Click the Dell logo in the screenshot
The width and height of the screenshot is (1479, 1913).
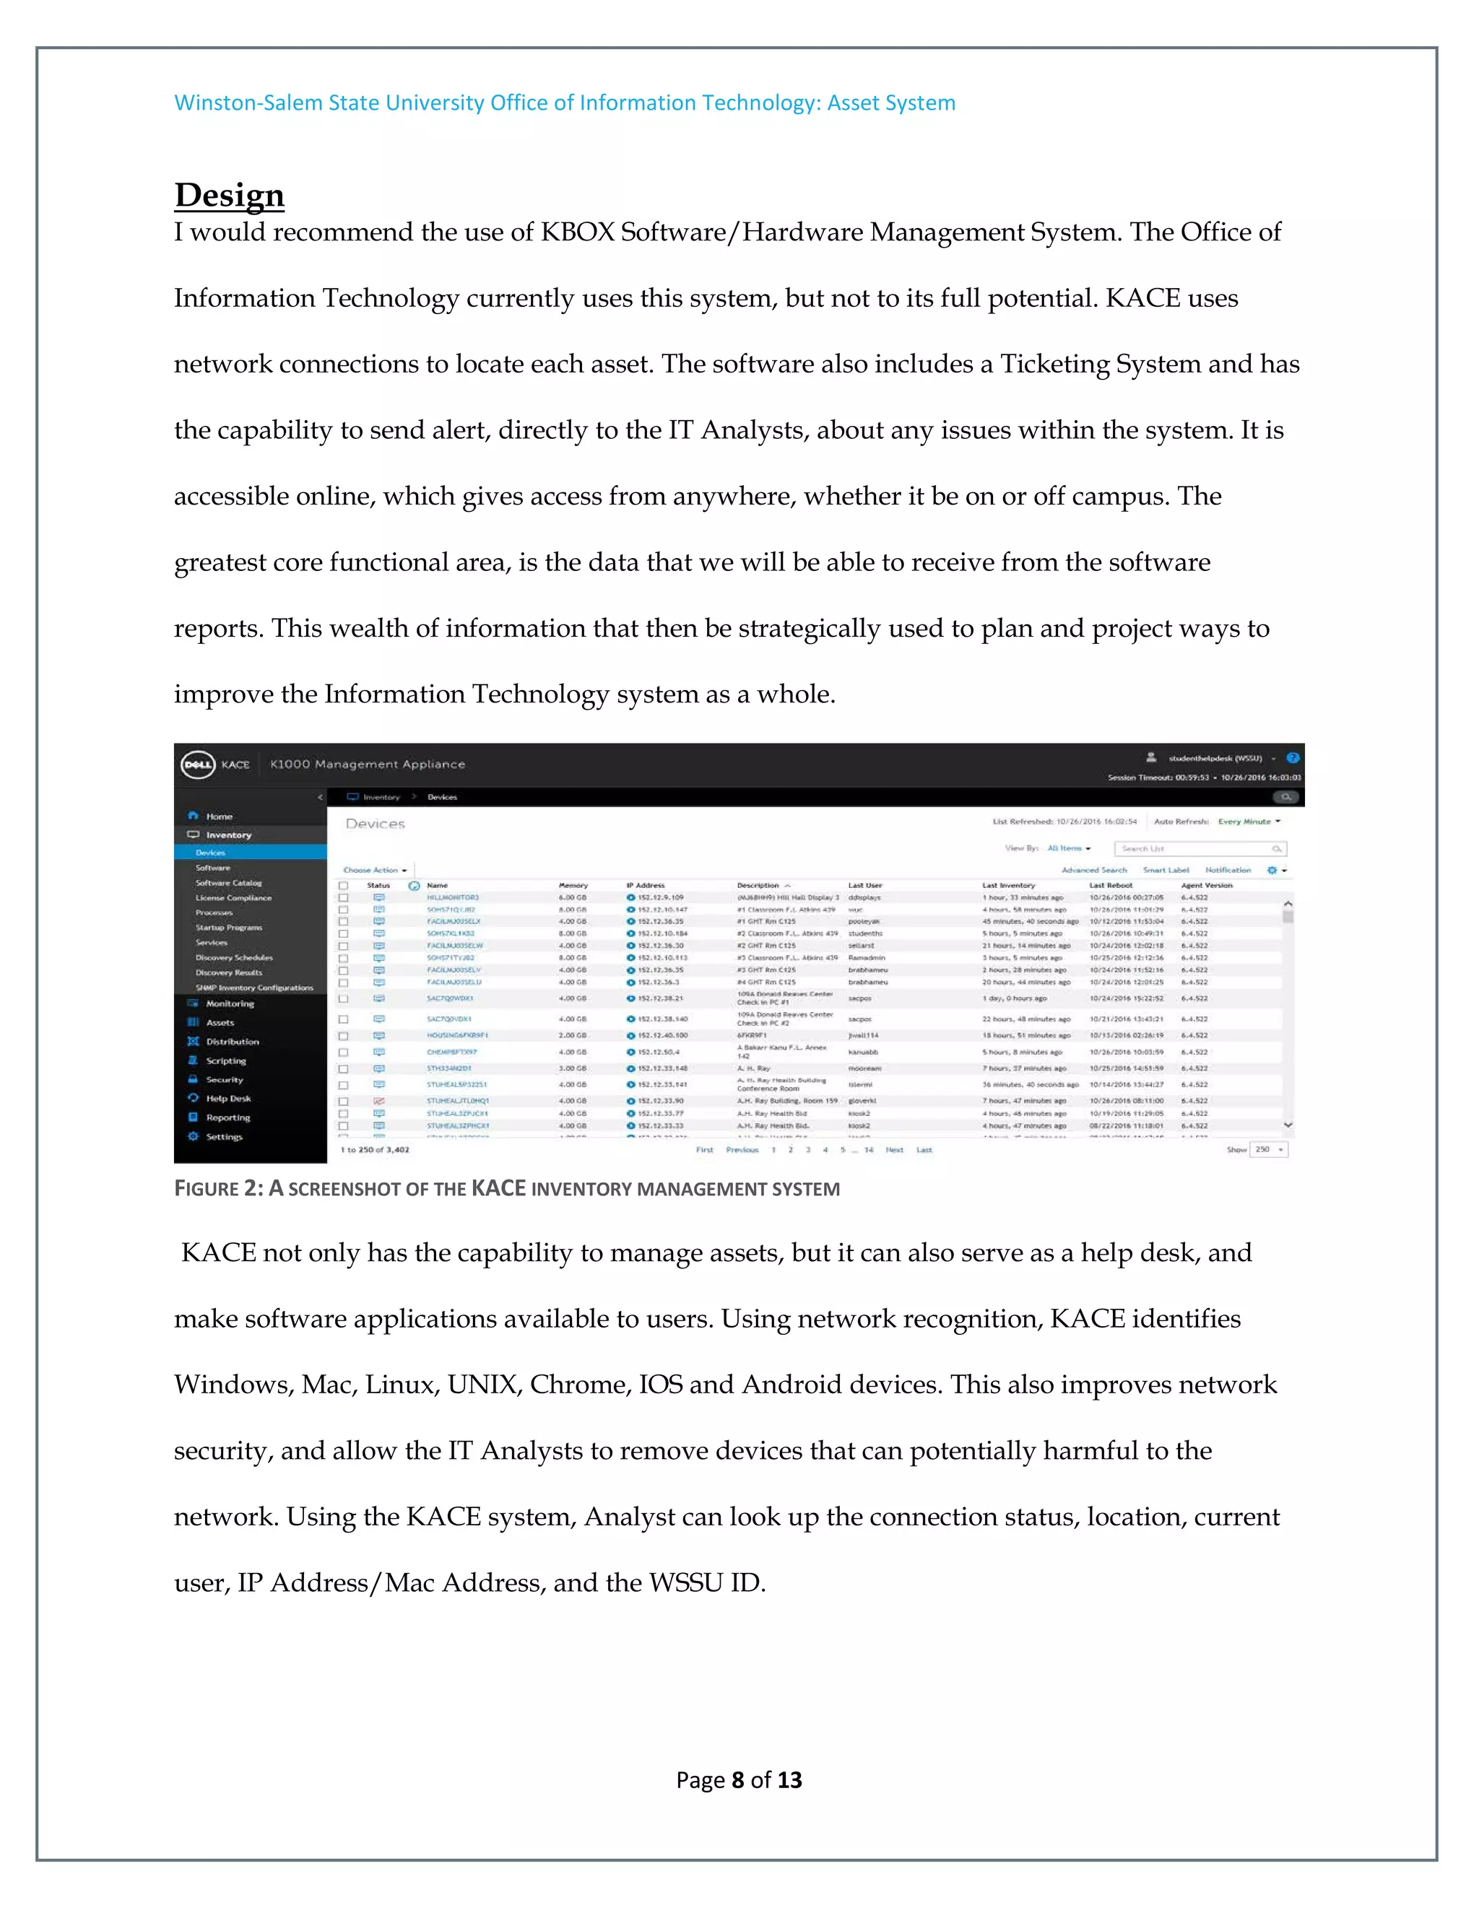point(197,764)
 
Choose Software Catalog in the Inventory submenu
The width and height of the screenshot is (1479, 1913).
point(229,883)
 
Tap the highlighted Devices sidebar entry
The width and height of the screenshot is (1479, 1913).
point(210,853)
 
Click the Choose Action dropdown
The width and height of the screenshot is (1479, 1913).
point(374,870)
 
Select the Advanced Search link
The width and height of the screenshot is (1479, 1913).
point(1093,870)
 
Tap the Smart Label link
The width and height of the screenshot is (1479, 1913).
point(1166,870)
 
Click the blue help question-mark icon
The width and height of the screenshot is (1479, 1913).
point(1293,758)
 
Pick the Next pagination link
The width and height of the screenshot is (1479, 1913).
point(894,1150)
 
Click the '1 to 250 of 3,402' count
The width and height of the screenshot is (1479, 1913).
point(375,1150)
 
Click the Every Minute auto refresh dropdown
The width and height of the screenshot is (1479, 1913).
point(1249,822)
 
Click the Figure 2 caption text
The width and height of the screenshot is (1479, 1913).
point(506,1189)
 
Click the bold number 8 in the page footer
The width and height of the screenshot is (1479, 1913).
point(738,1780)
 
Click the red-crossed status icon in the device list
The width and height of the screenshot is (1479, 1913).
point(379,1101)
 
